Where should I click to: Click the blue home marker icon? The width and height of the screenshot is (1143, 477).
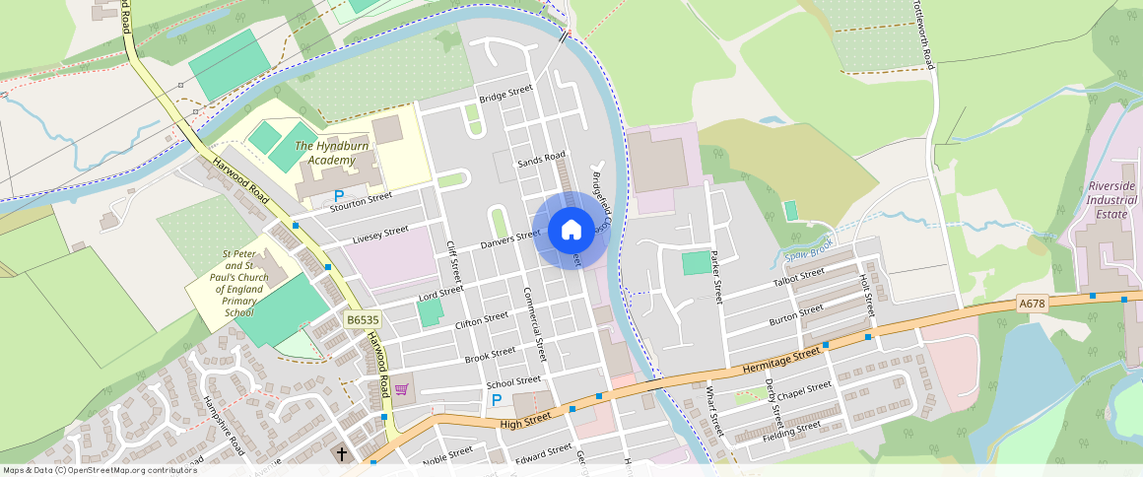coord(571,231)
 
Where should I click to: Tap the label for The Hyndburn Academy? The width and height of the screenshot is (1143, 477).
coord(324,153)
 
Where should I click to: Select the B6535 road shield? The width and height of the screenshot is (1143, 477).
coord(363,320)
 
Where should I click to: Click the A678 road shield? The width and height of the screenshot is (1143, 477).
coord(1031,304)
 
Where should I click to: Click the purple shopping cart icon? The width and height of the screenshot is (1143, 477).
coord(401,389)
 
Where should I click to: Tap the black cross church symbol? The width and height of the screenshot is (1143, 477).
coord(342,454)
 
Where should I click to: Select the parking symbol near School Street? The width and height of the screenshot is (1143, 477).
coord(497,400)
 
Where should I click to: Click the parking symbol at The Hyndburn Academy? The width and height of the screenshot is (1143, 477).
coord(339,196)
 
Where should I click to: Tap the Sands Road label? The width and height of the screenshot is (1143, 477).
coord(541,160)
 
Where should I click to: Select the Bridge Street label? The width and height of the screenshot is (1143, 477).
coord(505,94)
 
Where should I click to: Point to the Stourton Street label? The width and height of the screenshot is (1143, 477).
coord(361,203)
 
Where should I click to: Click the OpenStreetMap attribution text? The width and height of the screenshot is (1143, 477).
coord(99,470)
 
